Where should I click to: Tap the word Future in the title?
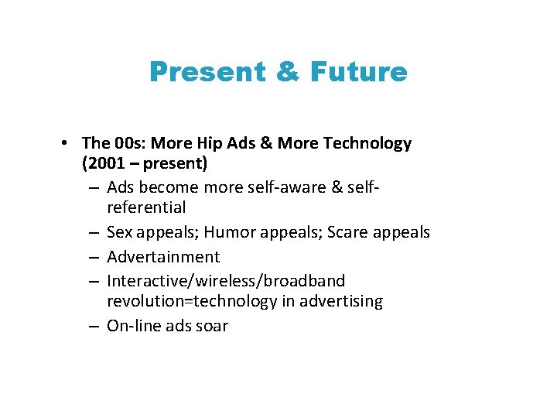(x=358, y=72)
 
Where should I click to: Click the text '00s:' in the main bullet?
(x=130, y=143)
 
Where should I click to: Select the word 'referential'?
(x=146, y=207)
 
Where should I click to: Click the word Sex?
(x=121, y=232)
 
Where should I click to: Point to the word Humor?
(x=229, y=232)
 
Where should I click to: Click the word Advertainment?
(x=163, y=256)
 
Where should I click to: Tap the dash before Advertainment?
(x=92, y=256)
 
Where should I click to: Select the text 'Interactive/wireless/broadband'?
(x=226, y=280)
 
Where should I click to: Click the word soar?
(x=212, y=326)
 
